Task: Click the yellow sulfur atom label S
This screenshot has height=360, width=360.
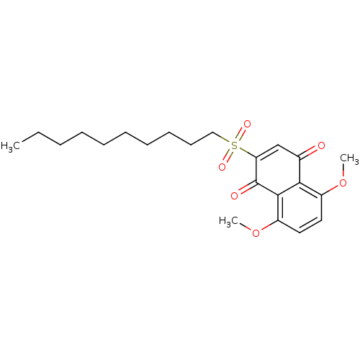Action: (235, 145)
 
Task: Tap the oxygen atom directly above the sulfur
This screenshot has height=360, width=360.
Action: (247, 124)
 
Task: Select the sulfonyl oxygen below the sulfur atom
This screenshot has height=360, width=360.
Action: (222, 167)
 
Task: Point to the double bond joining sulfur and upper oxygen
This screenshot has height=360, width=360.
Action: (240, 135)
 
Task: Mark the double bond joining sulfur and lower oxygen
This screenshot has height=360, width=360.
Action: (228, 156)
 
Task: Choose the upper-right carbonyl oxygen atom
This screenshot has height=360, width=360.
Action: (321, 146)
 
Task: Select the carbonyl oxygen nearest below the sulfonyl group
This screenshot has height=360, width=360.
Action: (235, 195)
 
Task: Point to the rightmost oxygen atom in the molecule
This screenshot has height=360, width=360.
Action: (343, 183)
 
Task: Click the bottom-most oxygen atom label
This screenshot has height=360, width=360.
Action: (256, 233)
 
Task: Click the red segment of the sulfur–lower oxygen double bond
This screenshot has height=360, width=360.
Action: (225, 161)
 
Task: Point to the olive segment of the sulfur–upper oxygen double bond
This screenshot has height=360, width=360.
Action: (238, 138)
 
